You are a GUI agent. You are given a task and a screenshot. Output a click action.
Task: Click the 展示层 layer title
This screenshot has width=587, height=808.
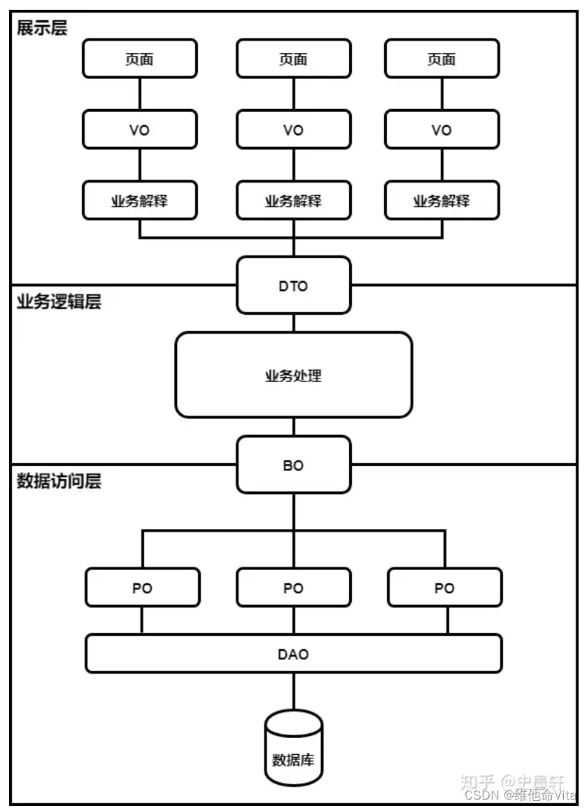(x=42, y=28)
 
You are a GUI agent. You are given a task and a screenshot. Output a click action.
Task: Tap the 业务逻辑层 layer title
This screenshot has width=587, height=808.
(x=59, y=302)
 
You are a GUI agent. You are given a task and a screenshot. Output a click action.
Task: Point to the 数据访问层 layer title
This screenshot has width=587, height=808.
(x=59, y=481)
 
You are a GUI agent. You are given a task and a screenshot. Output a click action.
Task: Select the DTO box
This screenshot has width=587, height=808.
(x=294, y=285)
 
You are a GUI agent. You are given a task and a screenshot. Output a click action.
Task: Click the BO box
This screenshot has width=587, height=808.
(x=294, y=465)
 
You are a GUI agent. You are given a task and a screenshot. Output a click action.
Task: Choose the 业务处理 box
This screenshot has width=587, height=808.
(x=294, y=375)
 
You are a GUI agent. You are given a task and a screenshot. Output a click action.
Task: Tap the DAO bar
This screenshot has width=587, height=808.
(x=294, y=653)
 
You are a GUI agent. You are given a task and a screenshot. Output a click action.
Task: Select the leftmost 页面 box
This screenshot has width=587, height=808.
(x=140, y=59)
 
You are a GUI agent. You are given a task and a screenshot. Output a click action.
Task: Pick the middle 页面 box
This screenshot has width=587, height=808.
(x=294, y=59)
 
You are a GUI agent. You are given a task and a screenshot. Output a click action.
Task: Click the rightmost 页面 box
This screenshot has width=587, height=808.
(x=442, y=59)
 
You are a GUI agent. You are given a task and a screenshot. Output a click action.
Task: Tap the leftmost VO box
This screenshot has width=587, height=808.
(x=140, y=129)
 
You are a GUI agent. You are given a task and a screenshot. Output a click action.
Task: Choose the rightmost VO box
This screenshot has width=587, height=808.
(x=442, y=129)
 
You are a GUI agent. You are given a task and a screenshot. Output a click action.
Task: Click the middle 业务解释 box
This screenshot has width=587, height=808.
(x=294, y=201)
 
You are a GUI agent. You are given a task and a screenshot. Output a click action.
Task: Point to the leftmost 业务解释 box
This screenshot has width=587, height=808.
(x=140, y=201)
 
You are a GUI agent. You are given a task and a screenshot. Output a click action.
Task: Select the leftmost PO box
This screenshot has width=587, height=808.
(x=142, y=588)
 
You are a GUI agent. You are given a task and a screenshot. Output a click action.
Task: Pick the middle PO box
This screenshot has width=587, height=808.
(x=294, y=588)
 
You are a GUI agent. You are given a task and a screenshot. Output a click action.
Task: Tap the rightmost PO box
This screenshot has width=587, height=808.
(x=445, y=588)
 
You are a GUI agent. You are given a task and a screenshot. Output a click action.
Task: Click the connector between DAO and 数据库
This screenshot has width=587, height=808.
(x=294, y=692)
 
